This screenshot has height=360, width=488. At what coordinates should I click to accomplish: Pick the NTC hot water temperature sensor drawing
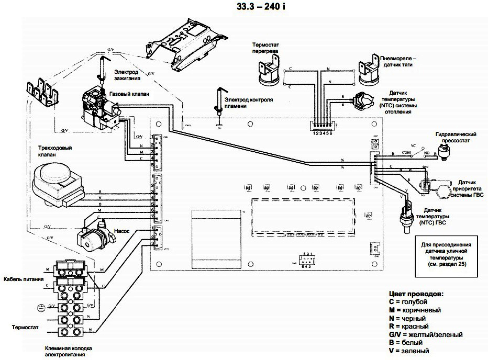(404, 214)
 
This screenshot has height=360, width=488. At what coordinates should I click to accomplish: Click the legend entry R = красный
(408, 326)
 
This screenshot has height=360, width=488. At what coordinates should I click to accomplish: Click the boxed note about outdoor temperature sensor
(446, 254)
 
